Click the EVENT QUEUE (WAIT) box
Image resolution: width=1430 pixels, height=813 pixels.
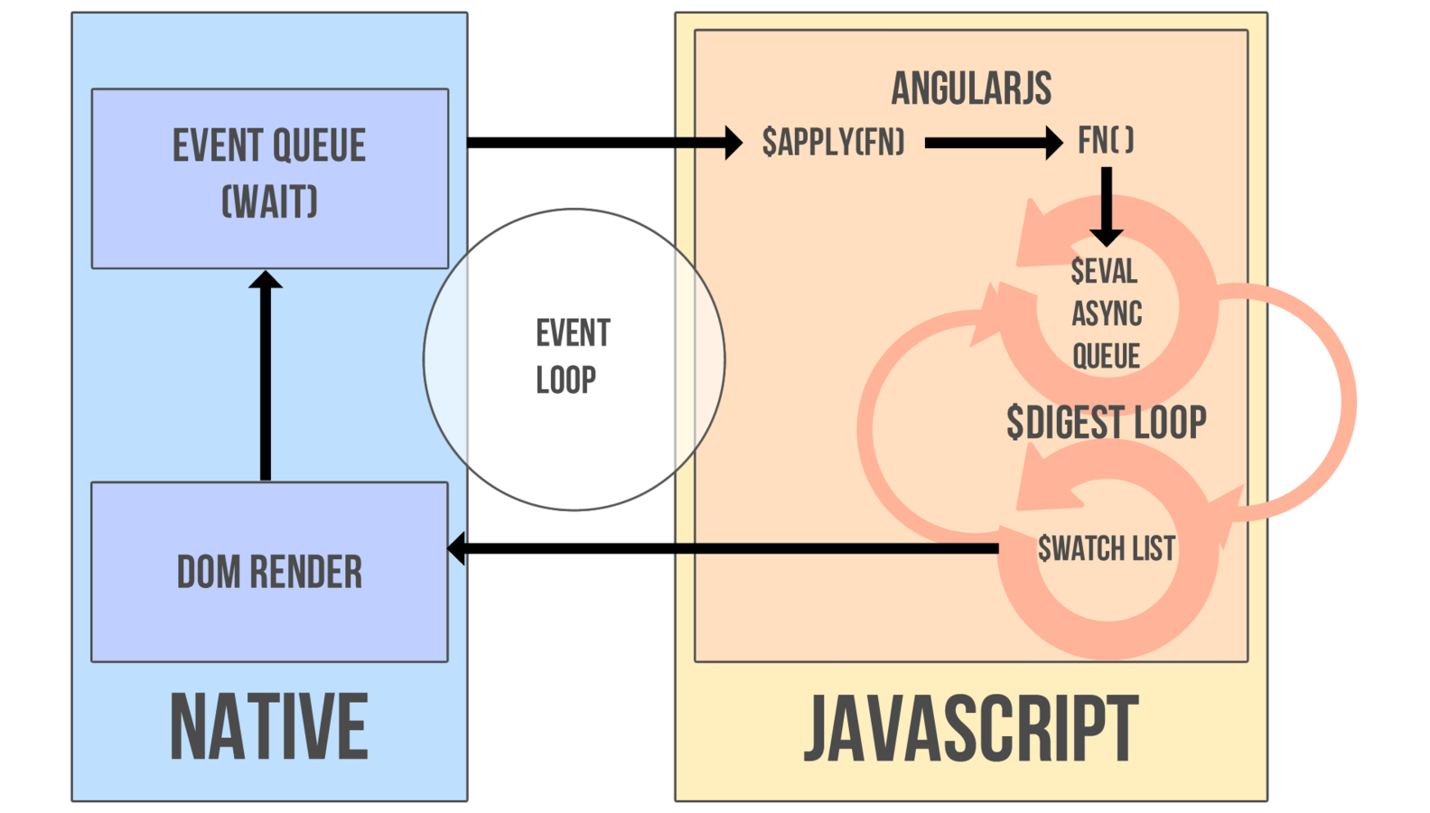[x=269, y=178]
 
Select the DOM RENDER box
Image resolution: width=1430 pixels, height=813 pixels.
[x=269, y=572]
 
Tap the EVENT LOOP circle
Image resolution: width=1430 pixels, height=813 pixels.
[x=574, y=359]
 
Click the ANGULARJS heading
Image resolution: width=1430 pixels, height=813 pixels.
[x=971, y=89]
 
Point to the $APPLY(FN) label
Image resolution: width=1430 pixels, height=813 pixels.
[x=832, y=142]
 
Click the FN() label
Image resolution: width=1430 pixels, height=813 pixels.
[x=1105, y=140]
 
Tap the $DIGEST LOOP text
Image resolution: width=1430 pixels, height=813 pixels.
[x=1106, y=422]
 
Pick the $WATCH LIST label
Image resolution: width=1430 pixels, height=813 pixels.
[x=1106, y=548]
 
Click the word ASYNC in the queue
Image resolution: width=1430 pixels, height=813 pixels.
[x=1107, y=313]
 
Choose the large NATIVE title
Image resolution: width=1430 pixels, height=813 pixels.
[x=269, y=727]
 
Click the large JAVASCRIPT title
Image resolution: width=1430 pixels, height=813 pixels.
[x=971, y=729]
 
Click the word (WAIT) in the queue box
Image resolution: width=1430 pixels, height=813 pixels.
[x=269, y=201]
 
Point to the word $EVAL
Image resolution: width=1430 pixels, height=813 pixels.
[x=1103, y=271]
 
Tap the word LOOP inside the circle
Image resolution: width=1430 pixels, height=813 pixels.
[x=565, y=380]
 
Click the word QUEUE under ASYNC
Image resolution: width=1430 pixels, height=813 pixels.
[x=1106, y=356]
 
